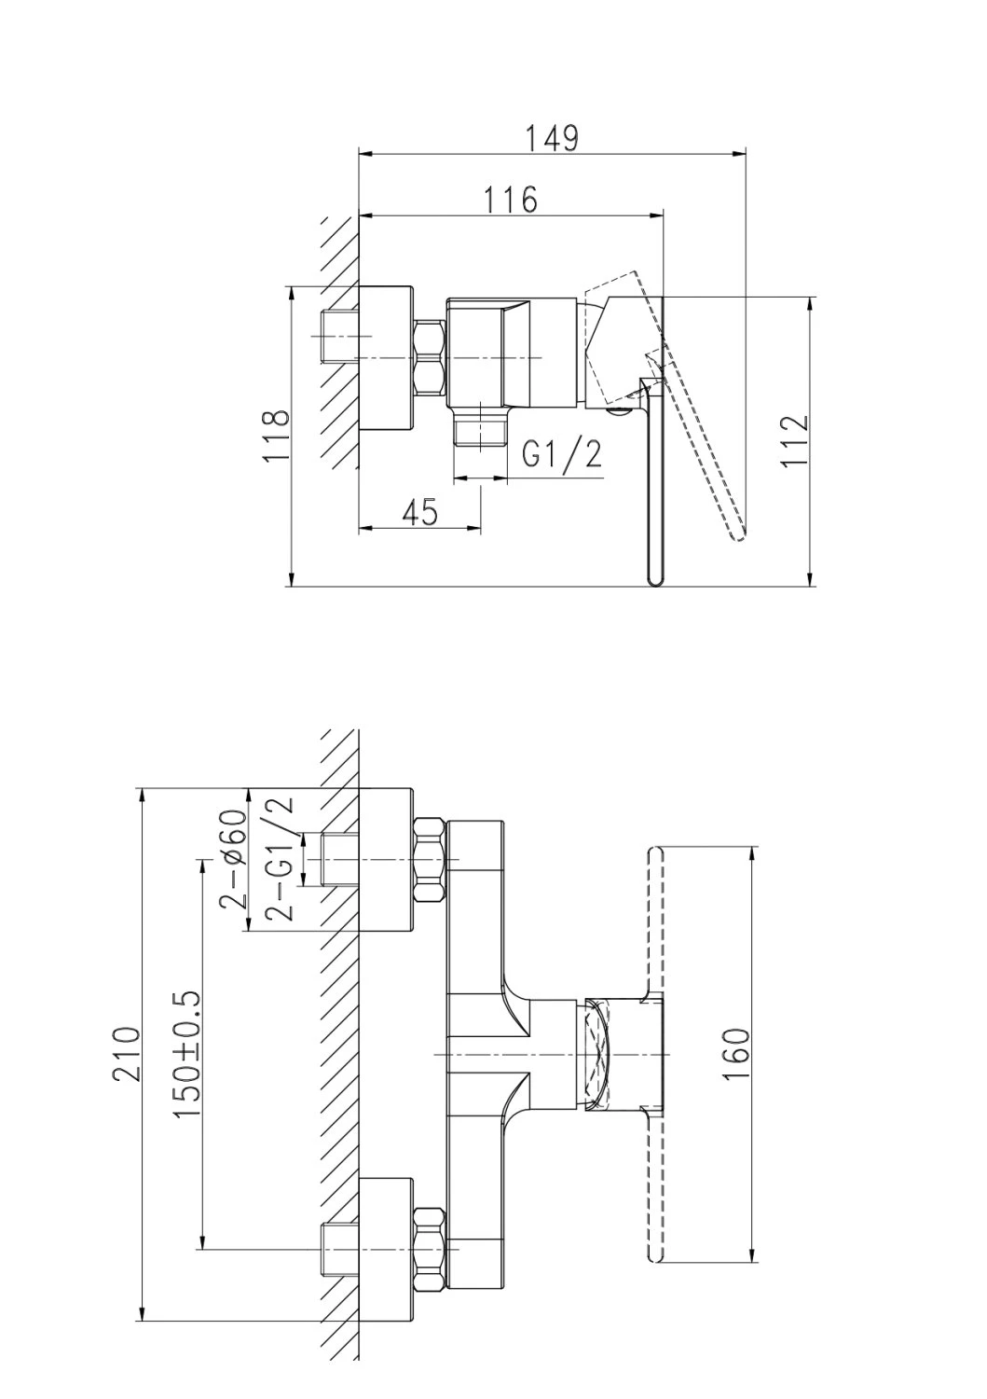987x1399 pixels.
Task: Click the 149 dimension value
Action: pos(551,139)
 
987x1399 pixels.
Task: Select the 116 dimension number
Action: pos(510,200)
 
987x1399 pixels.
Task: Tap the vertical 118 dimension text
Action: pos(277,436)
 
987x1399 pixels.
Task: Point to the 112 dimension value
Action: pos(794,440)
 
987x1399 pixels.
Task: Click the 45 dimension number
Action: pos(420,512)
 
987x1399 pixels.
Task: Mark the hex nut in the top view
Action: pos(431,358)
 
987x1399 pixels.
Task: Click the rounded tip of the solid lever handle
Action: pos(654,581)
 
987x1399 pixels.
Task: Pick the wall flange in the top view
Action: pos(386,358)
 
